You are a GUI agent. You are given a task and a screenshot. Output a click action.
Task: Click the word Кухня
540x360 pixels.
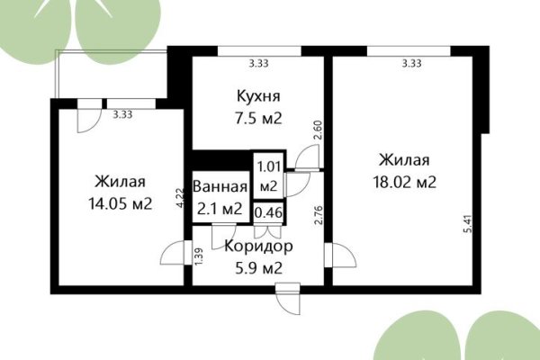(258, 96)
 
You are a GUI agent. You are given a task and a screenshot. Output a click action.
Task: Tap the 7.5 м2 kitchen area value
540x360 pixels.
(258, 119)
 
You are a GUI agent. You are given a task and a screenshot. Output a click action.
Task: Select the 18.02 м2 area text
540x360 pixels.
(405, 182)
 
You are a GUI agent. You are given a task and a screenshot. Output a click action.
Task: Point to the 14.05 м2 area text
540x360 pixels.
(121, 203)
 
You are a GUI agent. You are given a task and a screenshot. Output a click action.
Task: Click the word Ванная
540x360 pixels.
(220, 186)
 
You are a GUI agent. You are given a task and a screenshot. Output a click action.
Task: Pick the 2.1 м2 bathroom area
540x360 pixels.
(220, 209)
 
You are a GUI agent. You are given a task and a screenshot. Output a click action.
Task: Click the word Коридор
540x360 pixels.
(258, 247)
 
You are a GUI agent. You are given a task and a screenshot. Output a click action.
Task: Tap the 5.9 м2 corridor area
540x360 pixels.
(258, 268)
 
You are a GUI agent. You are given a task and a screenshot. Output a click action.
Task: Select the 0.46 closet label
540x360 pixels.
(268, 212)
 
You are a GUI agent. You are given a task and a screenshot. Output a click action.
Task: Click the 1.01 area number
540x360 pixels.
(269, 166)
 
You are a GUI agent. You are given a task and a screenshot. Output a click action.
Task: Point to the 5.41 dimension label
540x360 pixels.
(468, 224)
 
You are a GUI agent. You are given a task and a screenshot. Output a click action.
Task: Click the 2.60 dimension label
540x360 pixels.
(318, 130)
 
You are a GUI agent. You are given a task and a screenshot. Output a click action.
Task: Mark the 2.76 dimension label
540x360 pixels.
(319, 215)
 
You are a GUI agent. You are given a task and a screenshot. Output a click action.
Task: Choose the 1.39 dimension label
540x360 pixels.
(199, 257)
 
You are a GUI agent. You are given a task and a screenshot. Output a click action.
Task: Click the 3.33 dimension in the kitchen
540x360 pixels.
(258, 63)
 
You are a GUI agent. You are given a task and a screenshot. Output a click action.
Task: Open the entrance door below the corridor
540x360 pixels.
(288, 298)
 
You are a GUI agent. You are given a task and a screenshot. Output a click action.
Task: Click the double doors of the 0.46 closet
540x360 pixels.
(267, 230)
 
